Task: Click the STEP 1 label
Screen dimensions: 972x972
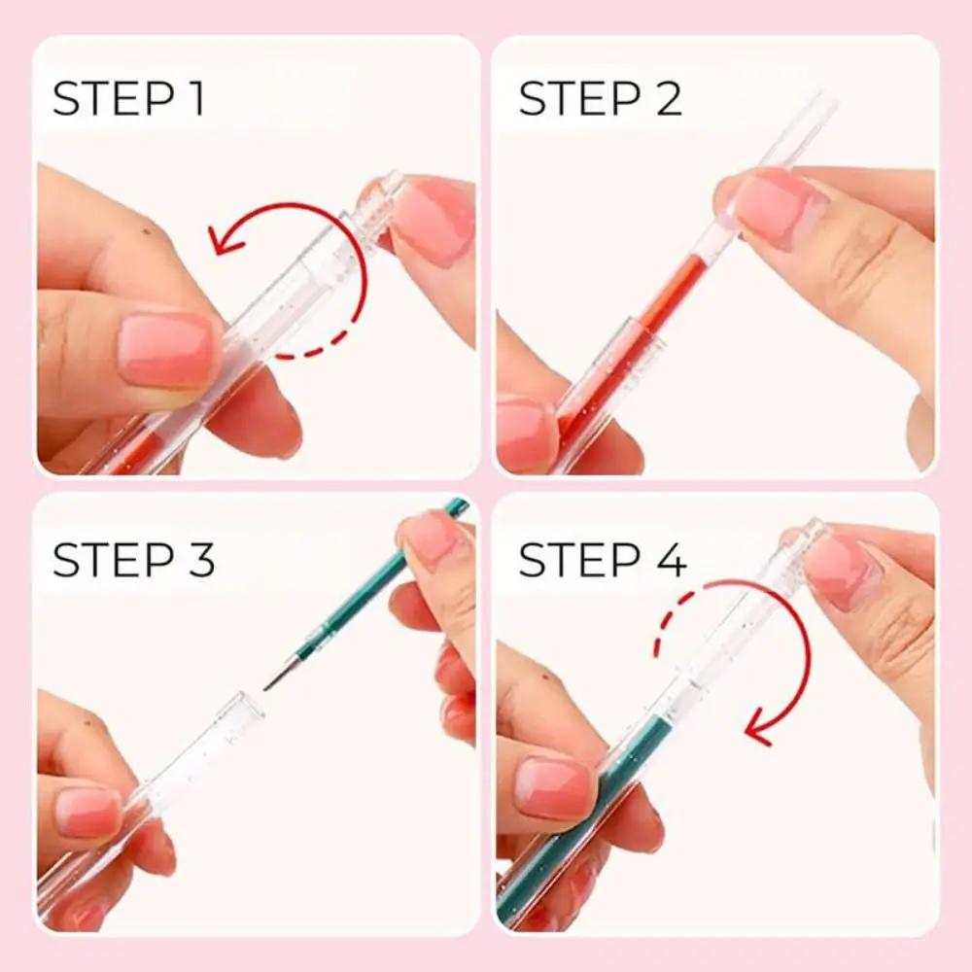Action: coord(128,99)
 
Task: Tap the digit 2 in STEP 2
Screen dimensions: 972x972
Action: coord(667,99)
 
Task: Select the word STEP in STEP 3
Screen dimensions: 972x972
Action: coord(106,562)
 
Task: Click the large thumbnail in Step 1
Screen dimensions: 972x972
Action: coord(167,348)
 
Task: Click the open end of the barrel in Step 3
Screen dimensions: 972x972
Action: coord(249,708)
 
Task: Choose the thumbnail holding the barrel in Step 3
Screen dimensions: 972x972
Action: coord(87,812)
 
